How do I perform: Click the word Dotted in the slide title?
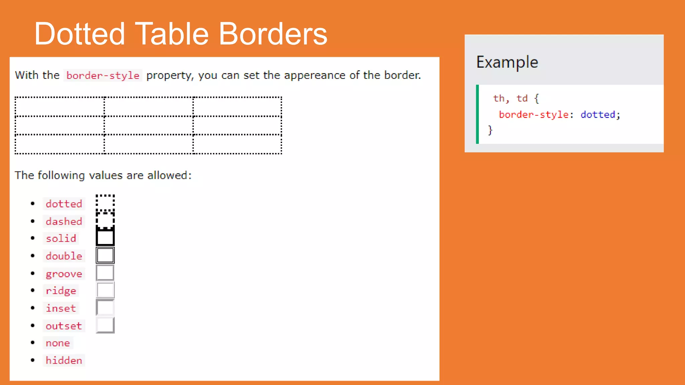(x=80, y=34)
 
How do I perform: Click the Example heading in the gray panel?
(x=507, y=62)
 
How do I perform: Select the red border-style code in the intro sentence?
(x=103, y=76)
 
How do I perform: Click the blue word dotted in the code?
(x=598, y=115)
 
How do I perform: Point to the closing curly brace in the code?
(x=490, y=130)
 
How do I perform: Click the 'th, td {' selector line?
(x=516, y=98)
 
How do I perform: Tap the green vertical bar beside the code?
(x=477, y=114)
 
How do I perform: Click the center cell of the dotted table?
(x=149, y=126)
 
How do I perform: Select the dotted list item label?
(x=64, y=204)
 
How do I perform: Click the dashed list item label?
(x=64, y=221)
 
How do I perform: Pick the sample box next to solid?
(x=105, y=237)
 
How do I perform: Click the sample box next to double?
(x=105, y=255)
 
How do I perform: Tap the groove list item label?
(x=64, y=274)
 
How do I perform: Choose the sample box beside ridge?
(x=105, y=290)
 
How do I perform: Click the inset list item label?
(x=61, y=308)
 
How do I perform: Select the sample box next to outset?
(x=105, y=325)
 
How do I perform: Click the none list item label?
(x=58, y=343)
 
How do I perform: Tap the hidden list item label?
(x=64, y=360)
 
